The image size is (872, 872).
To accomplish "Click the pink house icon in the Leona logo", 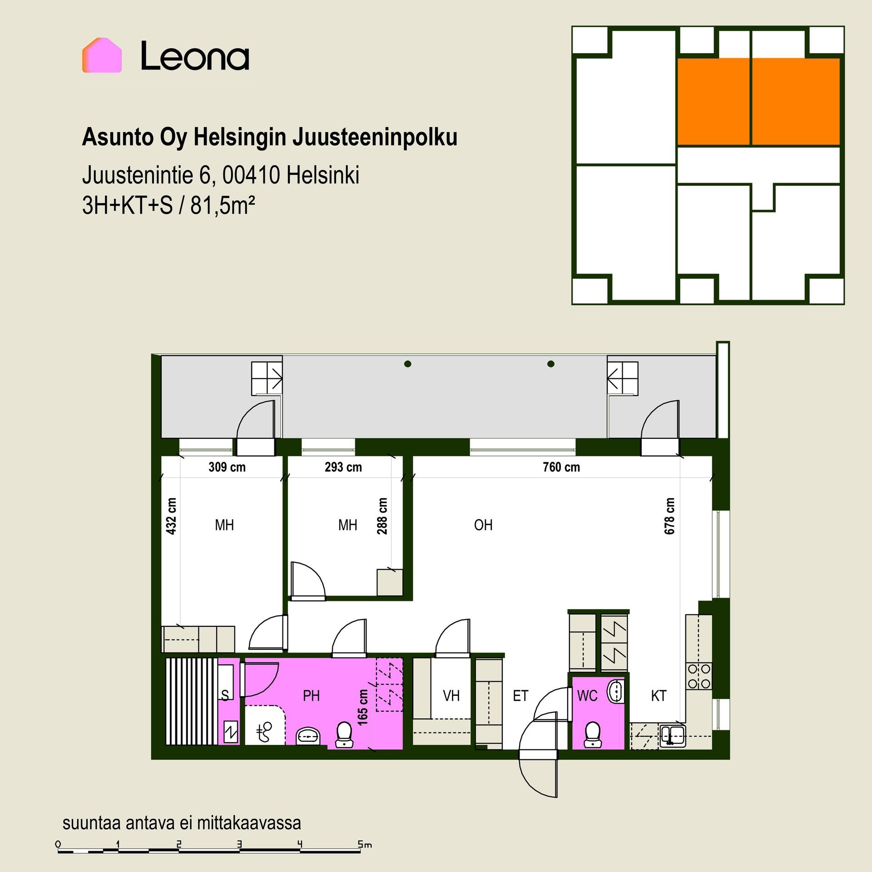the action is [102, 55].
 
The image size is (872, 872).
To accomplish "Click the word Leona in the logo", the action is [195, 56].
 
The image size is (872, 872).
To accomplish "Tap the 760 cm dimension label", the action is [561, 467].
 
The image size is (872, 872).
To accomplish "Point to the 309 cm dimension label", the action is [227, 467].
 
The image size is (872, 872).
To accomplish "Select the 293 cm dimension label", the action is [343, 467].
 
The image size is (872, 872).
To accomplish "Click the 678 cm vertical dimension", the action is [669, 516].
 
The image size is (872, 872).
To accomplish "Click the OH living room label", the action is [483, 525].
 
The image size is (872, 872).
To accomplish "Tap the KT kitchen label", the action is [659, 696].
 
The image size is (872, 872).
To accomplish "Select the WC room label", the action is [587, 696].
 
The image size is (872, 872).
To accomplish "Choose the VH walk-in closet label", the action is [451, 696].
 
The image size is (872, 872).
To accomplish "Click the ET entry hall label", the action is [520, 696].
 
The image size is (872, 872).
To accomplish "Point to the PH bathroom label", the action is [311, 696].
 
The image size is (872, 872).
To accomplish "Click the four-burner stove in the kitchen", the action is [699, 676].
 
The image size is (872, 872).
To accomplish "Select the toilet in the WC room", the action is [592, 734].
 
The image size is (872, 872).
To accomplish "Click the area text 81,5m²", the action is [223, 206].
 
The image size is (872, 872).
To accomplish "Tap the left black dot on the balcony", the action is [408, 364].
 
